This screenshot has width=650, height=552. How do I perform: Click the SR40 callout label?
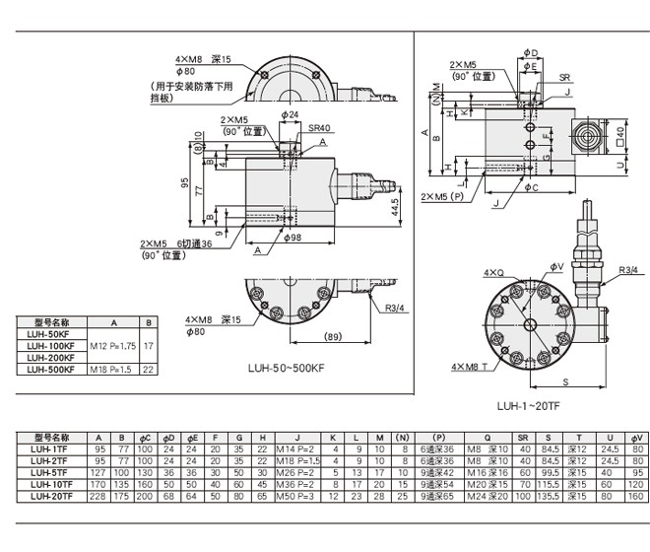pos(319,127)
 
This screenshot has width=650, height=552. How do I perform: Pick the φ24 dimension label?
pos(290,115)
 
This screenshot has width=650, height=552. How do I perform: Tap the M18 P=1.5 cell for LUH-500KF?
pos(111,370)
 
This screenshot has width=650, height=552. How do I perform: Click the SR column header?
pos(523,438)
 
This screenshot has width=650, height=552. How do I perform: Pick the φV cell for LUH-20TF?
pos(635,496)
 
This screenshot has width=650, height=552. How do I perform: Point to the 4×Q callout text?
pos(493,271)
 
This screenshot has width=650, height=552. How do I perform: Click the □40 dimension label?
pos(621,133)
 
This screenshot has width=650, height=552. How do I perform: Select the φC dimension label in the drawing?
pos(530,186)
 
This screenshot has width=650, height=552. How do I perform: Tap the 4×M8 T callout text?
pos(471,367)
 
